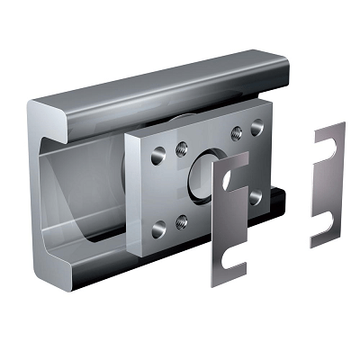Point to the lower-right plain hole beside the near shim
click(256, 193)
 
